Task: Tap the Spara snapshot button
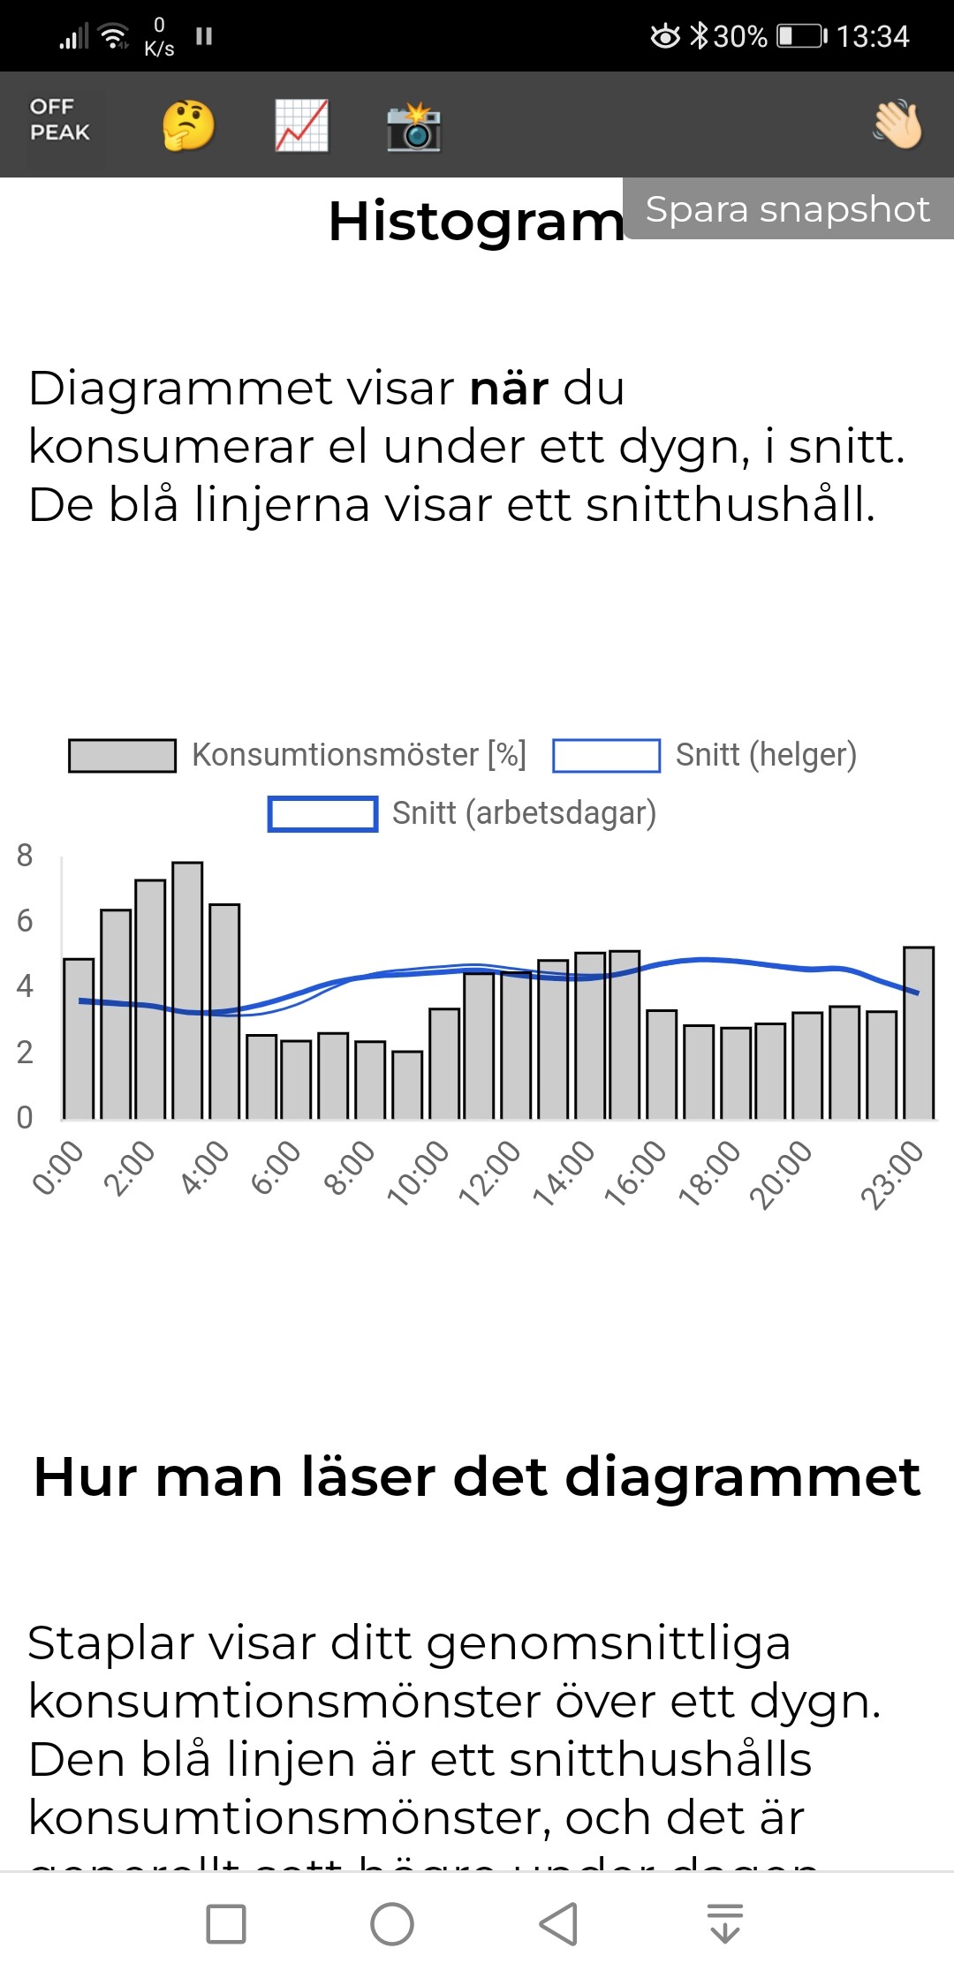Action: (x=787, y=209)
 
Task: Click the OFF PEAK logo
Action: (x=60, y=120)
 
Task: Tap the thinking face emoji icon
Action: (x=188, y=125)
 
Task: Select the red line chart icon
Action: (x=301, y=125)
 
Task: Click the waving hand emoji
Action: (x=897, y=125)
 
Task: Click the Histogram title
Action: (x=476, y=221)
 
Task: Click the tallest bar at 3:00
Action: (x=187, y=989)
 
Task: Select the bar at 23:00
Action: (x=919, y=1033)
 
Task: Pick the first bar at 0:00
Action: (x=79, y=1038)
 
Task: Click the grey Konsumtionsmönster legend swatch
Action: (x=122, y=756)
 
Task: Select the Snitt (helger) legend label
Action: (x=766, y=755)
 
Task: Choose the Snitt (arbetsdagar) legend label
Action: (x=524, y=813)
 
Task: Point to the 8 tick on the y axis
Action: (x=25, y=855)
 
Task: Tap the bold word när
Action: (x=509, y=389)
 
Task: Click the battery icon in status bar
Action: (x=801, y=36)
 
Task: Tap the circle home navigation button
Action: (x=392, y=1924)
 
